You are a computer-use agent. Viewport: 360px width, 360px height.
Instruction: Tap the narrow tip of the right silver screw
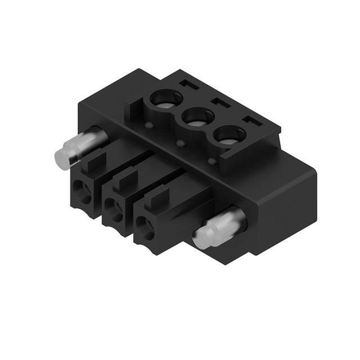click(201, 238)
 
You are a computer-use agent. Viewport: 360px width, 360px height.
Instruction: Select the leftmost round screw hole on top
click(165, 98)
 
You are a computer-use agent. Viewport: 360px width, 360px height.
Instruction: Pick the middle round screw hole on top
click(197, 118)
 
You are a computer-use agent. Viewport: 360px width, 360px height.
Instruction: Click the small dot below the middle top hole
click(180, 143)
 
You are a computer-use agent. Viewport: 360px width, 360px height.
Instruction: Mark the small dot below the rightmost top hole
click(212, 162)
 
